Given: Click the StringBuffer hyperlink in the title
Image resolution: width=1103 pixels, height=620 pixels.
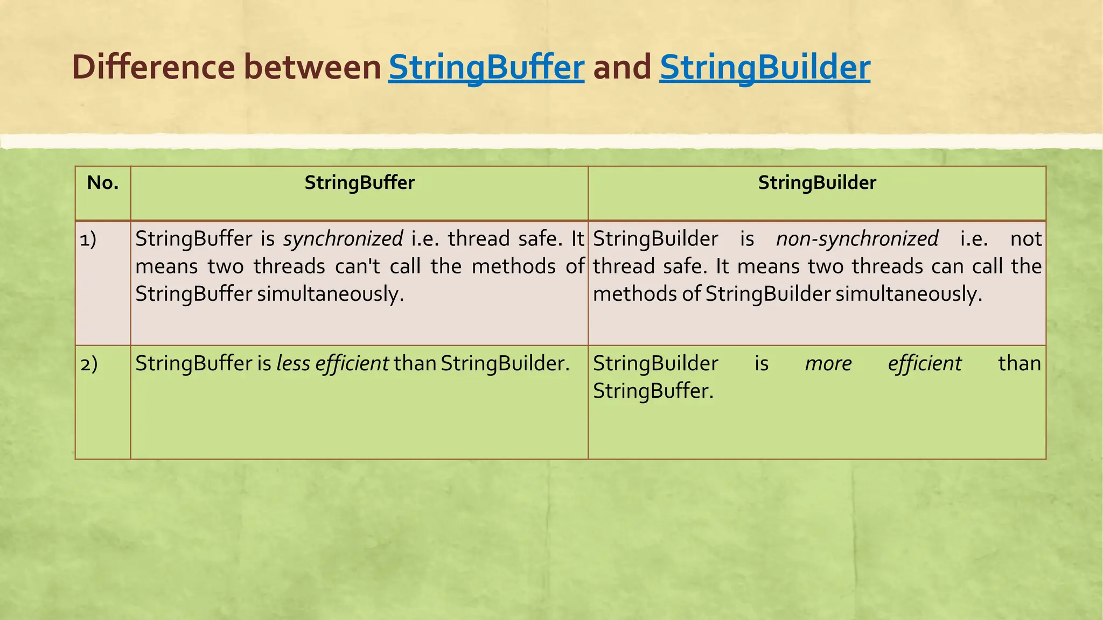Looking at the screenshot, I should [486, 68].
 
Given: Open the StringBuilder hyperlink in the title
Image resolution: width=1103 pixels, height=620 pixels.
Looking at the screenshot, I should [764, 68].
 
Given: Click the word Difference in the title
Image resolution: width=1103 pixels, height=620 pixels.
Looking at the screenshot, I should [153, 68].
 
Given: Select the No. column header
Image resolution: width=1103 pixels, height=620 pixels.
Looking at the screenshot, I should [103, 183].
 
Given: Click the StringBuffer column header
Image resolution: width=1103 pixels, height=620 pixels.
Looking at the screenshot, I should [359, 183].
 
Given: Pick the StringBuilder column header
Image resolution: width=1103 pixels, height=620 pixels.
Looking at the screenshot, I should [817, 183].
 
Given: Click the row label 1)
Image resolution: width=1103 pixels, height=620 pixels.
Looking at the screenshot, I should [88, 239].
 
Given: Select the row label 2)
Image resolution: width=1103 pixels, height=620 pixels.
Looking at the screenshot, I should [89, 364].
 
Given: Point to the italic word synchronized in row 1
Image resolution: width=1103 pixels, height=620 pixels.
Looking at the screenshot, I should [343, 239].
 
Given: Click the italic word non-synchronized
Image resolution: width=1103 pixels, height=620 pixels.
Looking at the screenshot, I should [857, 239].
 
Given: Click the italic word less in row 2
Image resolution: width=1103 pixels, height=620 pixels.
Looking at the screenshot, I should [293, 364].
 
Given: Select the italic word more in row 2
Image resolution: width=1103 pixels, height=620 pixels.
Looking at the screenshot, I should [828, 364].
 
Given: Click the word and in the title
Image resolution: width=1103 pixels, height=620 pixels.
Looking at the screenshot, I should [622, 68].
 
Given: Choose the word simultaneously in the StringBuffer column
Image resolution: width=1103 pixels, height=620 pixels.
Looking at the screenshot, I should [331, 294].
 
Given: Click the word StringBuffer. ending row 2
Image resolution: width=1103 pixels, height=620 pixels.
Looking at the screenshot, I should [653, 391].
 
